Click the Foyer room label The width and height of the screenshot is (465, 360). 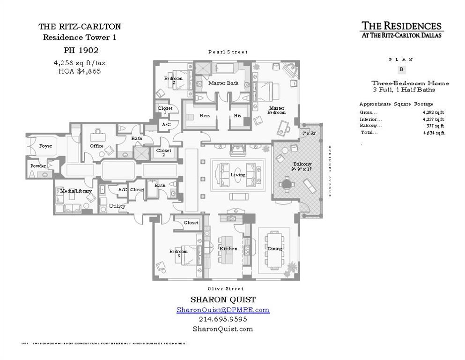click(x=45, y=146)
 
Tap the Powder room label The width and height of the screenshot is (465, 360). click(x=38, y=166)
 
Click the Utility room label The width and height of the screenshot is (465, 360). click(x=117, y=206)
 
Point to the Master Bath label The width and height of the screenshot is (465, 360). click(x=223, y=83)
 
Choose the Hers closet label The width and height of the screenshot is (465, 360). click(x=205, y=116)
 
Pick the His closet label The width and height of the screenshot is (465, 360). click(x=237, y=116)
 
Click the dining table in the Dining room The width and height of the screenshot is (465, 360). click(x=274, y=248)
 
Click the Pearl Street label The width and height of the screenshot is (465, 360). click(x=228, y=52)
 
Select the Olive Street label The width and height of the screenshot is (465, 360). click(x=226, y=289)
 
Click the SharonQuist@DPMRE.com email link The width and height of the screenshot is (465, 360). click(x=223, y=310)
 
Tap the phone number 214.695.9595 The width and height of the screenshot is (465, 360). click(x=223, y=319)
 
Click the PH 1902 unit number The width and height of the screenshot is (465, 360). click(x=81, y=50)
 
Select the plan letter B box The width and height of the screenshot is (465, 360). click(x=401, y=70)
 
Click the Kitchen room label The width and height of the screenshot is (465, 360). click(x=229, y=249)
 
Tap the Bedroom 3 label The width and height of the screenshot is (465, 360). click(x=178, y=254)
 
